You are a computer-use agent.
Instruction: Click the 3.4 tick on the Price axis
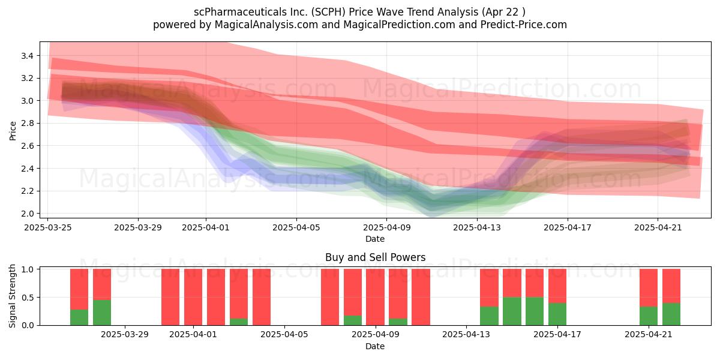27,56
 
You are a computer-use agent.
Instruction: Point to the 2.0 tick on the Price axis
27,214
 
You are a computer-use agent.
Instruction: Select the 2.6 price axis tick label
27,146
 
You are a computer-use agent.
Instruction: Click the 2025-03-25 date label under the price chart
48,228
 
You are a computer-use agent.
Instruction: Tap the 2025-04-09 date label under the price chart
386,228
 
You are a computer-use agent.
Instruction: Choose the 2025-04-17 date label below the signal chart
557,335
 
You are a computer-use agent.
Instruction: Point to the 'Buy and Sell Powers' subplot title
376,257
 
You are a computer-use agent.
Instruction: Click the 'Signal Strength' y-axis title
12,296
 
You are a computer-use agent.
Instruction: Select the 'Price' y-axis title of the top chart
13,131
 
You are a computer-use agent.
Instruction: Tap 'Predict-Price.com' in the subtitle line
524,25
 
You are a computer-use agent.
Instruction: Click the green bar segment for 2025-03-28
102,313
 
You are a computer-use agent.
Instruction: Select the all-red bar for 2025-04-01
193,298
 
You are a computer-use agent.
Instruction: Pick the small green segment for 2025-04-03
239,322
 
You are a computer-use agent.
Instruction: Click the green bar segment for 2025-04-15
512,311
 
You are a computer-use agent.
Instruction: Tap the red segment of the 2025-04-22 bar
671,286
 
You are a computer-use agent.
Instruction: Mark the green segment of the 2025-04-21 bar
649,316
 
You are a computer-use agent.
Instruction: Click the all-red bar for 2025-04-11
421,298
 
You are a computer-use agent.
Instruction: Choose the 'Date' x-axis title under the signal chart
375,346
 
